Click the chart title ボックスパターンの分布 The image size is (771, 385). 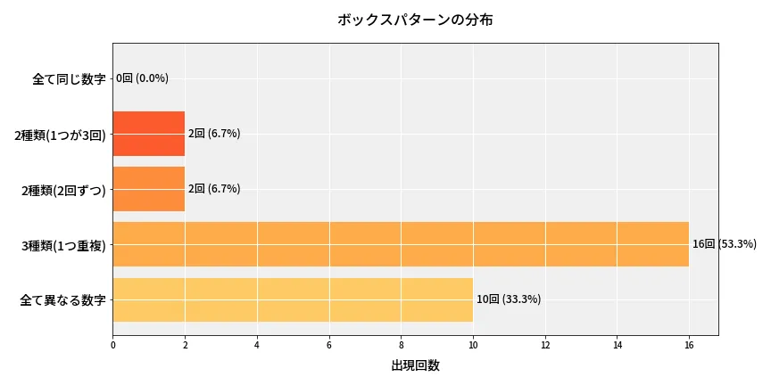(415, 20)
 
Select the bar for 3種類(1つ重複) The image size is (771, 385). (401, 244)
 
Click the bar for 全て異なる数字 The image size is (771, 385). (293, 299)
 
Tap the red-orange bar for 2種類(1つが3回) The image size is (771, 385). (149, 134)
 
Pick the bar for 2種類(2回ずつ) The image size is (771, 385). (149, 189)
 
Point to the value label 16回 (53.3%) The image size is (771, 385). (724, 244)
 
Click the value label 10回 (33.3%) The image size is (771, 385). (508, 299)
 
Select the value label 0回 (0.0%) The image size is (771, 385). (142, 78)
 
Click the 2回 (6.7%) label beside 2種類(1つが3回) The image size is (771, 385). (213, 134)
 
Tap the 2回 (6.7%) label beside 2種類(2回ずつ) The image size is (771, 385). (213, 189)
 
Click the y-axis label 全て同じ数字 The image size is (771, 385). (69, 79)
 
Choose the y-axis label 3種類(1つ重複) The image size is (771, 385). (63, 245)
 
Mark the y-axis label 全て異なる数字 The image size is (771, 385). (62, 300)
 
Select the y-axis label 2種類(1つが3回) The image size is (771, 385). (60, 135)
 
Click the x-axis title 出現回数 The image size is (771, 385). (415, 365)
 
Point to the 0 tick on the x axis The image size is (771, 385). (113, 344)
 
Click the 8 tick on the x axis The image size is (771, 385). (401, 344)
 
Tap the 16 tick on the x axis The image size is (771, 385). (689, 344)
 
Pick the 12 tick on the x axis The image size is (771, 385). (544, 344)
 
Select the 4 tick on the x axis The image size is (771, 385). (257, 344)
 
